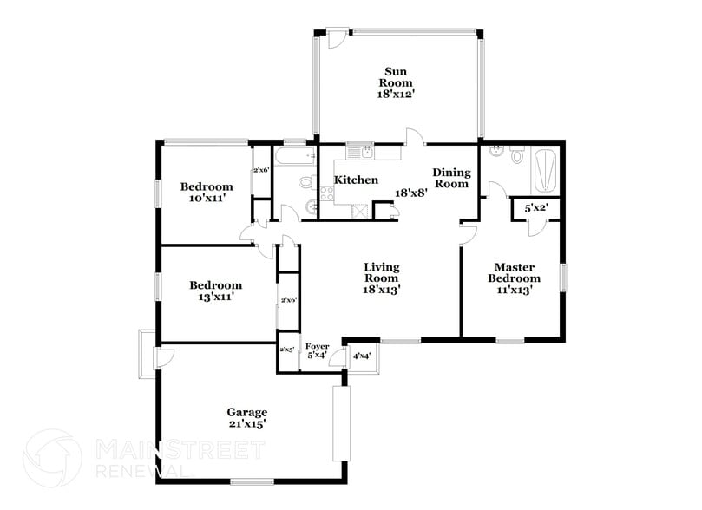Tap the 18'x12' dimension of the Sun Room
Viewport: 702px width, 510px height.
click(x=395, y=94)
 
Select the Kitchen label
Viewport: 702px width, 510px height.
click(x=356, y=180)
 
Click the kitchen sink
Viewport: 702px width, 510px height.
click(x=361, y=151)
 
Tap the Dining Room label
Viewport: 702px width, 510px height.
click(x=450, y=178)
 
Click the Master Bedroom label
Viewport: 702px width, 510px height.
click(x=513, y=272)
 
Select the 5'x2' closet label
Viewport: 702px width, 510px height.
click(x=535, y=209)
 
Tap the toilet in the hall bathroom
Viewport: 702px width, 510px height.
click(x=305, y=182)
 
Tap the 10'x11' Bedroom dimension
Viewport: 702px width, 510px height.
click(x=206, y=199)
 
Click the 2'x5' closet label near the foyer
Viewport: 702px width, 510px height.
click(x=286, y=350)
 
